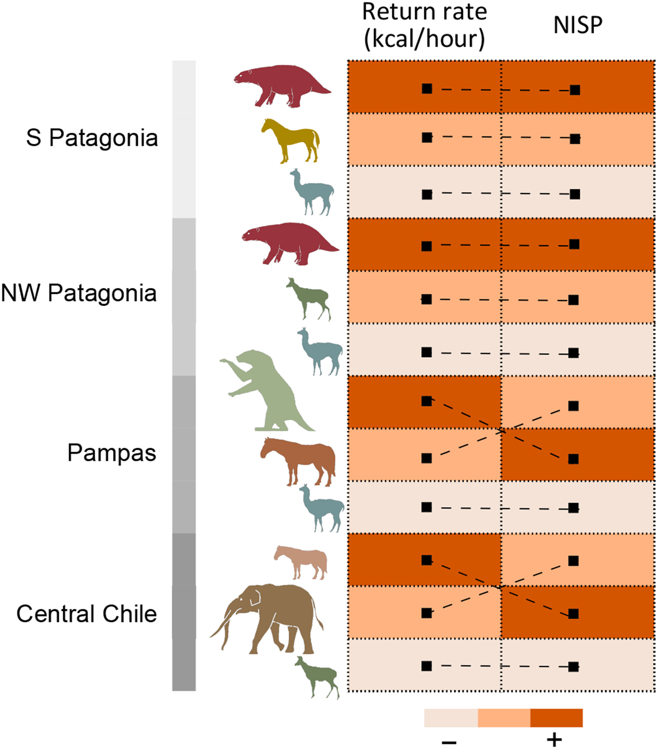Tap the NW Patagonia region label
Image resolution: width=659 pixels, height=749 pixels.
tap(79, 294)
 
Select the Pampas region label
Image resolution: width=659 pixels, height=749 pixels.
tap(112, 453)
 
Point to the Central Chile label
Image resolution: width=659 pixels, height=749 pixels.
tap(87, 614)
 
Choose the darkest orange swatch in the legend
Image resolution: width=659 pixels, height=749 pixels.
tap(556, 718)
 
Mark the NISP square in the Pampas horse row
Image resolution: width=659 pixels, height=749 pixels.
tap(573, 459)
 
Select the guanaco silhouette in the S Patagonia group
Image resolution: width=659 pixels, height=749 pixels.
tap(312, 192)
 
